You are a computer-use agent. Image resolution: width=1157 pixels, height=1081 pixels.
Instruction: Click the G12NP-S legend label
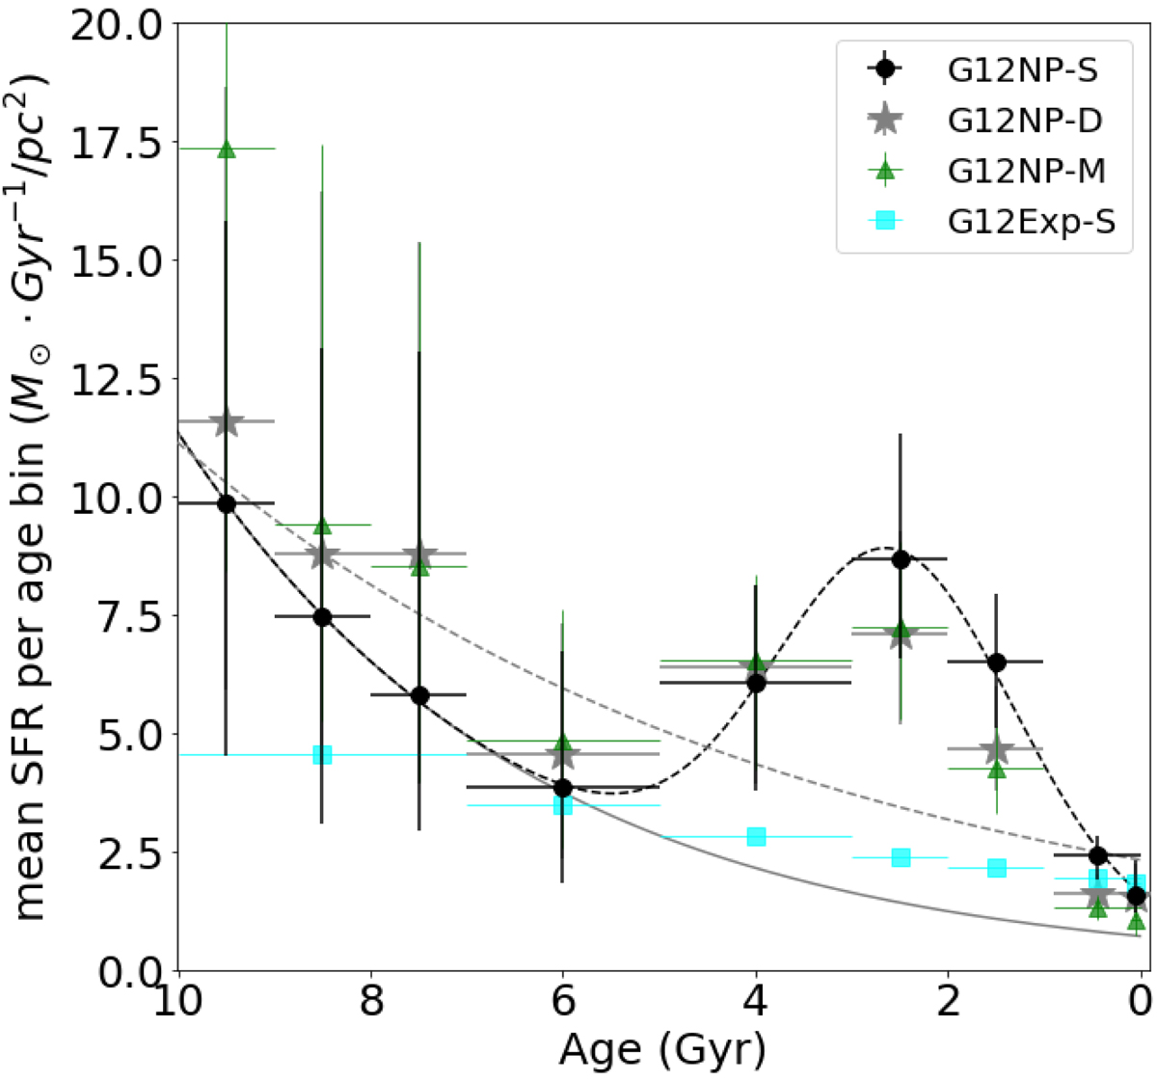click(x=1022, y=70)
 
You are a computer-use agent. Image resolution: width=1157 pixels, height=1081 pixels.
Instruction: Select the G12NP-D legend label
click(x=1025, y=121)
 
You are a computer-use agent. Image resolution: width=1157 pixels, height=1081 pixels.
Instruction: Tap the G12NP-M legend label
click(x=1026, y=172)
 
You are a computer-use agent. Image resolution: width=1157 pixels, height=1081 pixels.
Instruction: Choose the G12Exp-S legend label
click(x=1031, y=222)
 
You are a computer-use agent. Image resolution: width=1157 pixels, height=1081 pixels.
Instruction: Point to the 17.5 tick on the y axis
click(x=116, y=144)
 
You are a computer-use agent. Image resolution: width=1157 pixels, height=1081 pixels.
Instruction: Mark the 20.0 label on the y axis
click(x=116, y=25)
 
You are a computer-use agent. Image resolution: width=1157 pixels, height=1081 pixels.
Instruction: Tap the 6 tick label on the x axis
click(x=563, y=1001)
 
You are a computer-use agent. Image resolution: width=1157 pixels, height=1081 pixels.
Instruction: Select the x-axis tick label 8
click(x=371, y=1001)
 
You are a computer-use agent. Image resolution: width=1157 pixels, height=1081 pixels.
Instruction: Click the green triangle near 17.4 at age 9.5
click(x=226, y=149)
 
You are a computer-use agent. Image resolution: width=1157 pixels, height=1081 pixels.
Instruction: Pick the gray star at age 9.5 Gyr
click(x=226, y=421)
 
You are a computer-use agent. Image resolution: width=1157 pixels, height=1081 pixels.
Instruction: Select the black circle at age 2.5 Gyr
click(x=901, y=559)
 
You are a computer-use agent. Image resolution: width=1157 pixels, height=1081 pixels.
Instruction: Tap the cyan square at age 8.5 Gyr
click(x=322, y=755)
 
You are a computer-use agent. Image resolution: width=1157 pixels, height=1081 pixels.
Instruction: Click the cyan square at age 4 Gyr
click(x=756, y=837)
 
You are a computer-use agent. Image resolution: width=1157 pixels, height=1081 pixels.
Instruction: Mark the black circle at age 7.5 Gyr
click(x=419, y=696)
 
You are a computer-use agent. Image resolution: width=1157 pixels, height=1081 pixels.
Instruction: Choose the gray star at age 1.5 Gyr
click(x=996, y=749)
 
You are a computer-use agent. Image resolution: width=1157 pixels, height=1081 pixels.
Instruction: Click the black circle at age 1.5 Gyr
click(x=997, y=662)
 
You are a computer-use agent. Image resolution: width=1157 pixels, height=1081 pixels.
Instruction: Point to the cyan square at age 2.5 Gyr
click(x=901, y=858)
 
